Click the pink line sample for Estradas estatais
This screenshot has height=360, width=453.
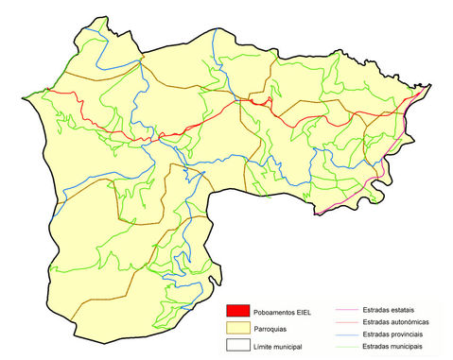coord(345,310)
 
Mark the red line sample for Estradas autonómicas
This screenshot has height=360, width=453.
coord(345,322)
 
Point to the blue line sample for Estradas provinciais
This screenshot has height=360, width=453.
coord(345,334)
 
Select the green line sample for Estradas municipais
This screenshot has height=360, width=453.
coord(345,347)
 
